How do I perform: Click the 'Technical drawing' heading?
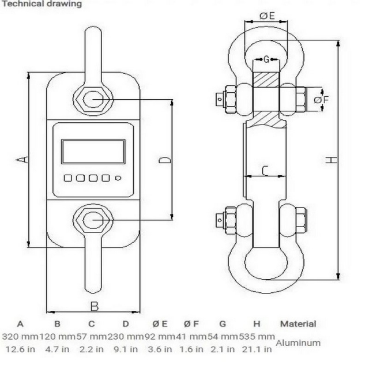(42, 4)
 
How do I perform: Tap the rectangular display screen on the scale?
(93, 152)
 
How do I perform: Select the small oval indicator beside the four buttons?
(118, 178)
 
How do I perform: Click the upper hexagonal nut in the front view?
(93, 100)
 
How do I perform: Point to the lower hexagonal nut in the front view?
(93, 219)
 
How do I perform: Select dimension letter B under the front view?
(95, 306)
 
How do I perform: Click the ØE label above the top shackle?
(267, 16)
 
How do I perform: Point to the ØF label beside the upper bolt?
(321, 100)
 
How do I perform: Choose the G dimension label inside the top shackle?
(266, 59)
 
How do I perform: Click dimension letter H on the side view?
(332, 160)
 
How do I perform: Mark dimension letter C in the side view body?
(265, 171)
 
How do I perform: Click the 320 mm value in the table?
(20, 337)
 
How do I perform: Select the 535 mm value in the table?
(257, 337)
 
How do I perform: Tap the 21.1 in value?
(257, 349)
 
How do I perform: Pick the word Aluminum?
(298, 343)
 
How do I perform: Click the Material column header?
(298, 324)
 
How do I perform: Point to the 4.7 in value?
(57, 349)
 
